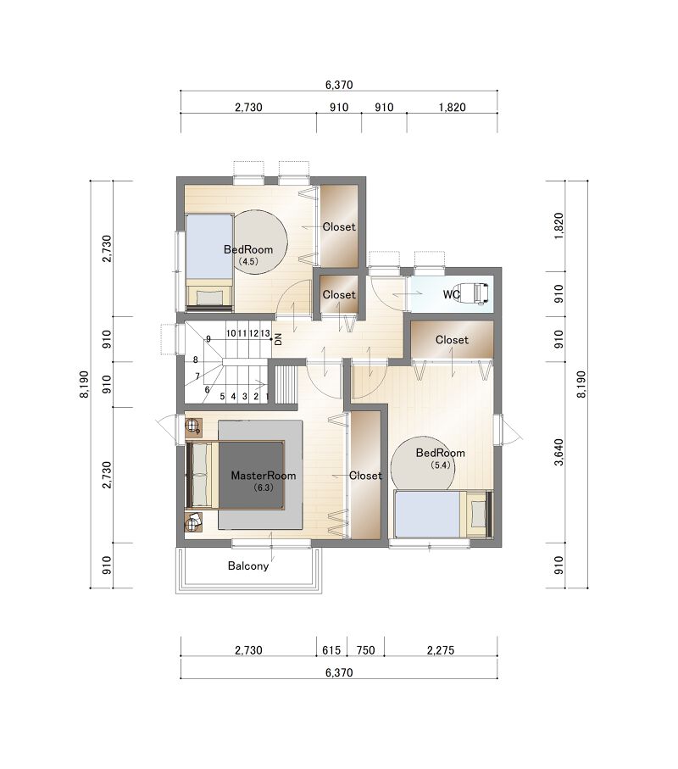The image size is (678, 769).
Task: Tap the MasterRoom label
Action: (x=264, y=476)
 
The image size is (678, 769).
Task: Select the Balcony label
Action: (x=248, y=566)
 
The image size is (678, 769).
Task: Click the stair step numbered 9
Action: (x=208, y=339)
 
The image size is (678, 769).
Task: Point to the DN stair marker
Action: (x=279, y=339)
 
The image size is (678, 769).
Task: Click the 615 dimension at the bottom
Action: (x=331, y=650)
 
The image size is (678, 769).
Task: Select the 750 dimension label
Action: (x=366, y=650)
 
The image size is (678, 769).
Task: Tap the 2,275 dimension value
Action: (x=440, y=650)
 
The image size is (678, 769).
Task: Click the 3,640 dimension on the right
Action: (x=559, y=452)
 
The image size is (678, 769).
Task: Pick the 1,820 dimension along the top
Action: (x=452, y=107)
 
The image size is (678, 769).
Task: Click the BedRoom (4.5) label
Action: (x=248, y=254)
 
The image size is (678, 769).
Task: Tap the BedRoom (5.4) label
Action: (x=440, y=458)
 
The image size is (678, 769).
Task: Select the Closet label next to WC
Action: (x=452, y=339)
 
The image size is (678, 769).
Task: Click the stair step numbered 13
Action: (x=264, y=333)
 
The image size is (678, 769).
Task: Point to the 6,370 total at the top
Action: (x=339, y=85)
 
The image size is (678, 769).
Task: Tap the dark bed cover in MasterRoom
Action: (x=251, y=476)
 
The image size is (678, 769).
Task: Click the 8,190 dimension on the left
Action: (x=84, y=384)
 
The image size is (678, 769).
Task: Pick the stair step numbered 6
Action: (x=207, y=390)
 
